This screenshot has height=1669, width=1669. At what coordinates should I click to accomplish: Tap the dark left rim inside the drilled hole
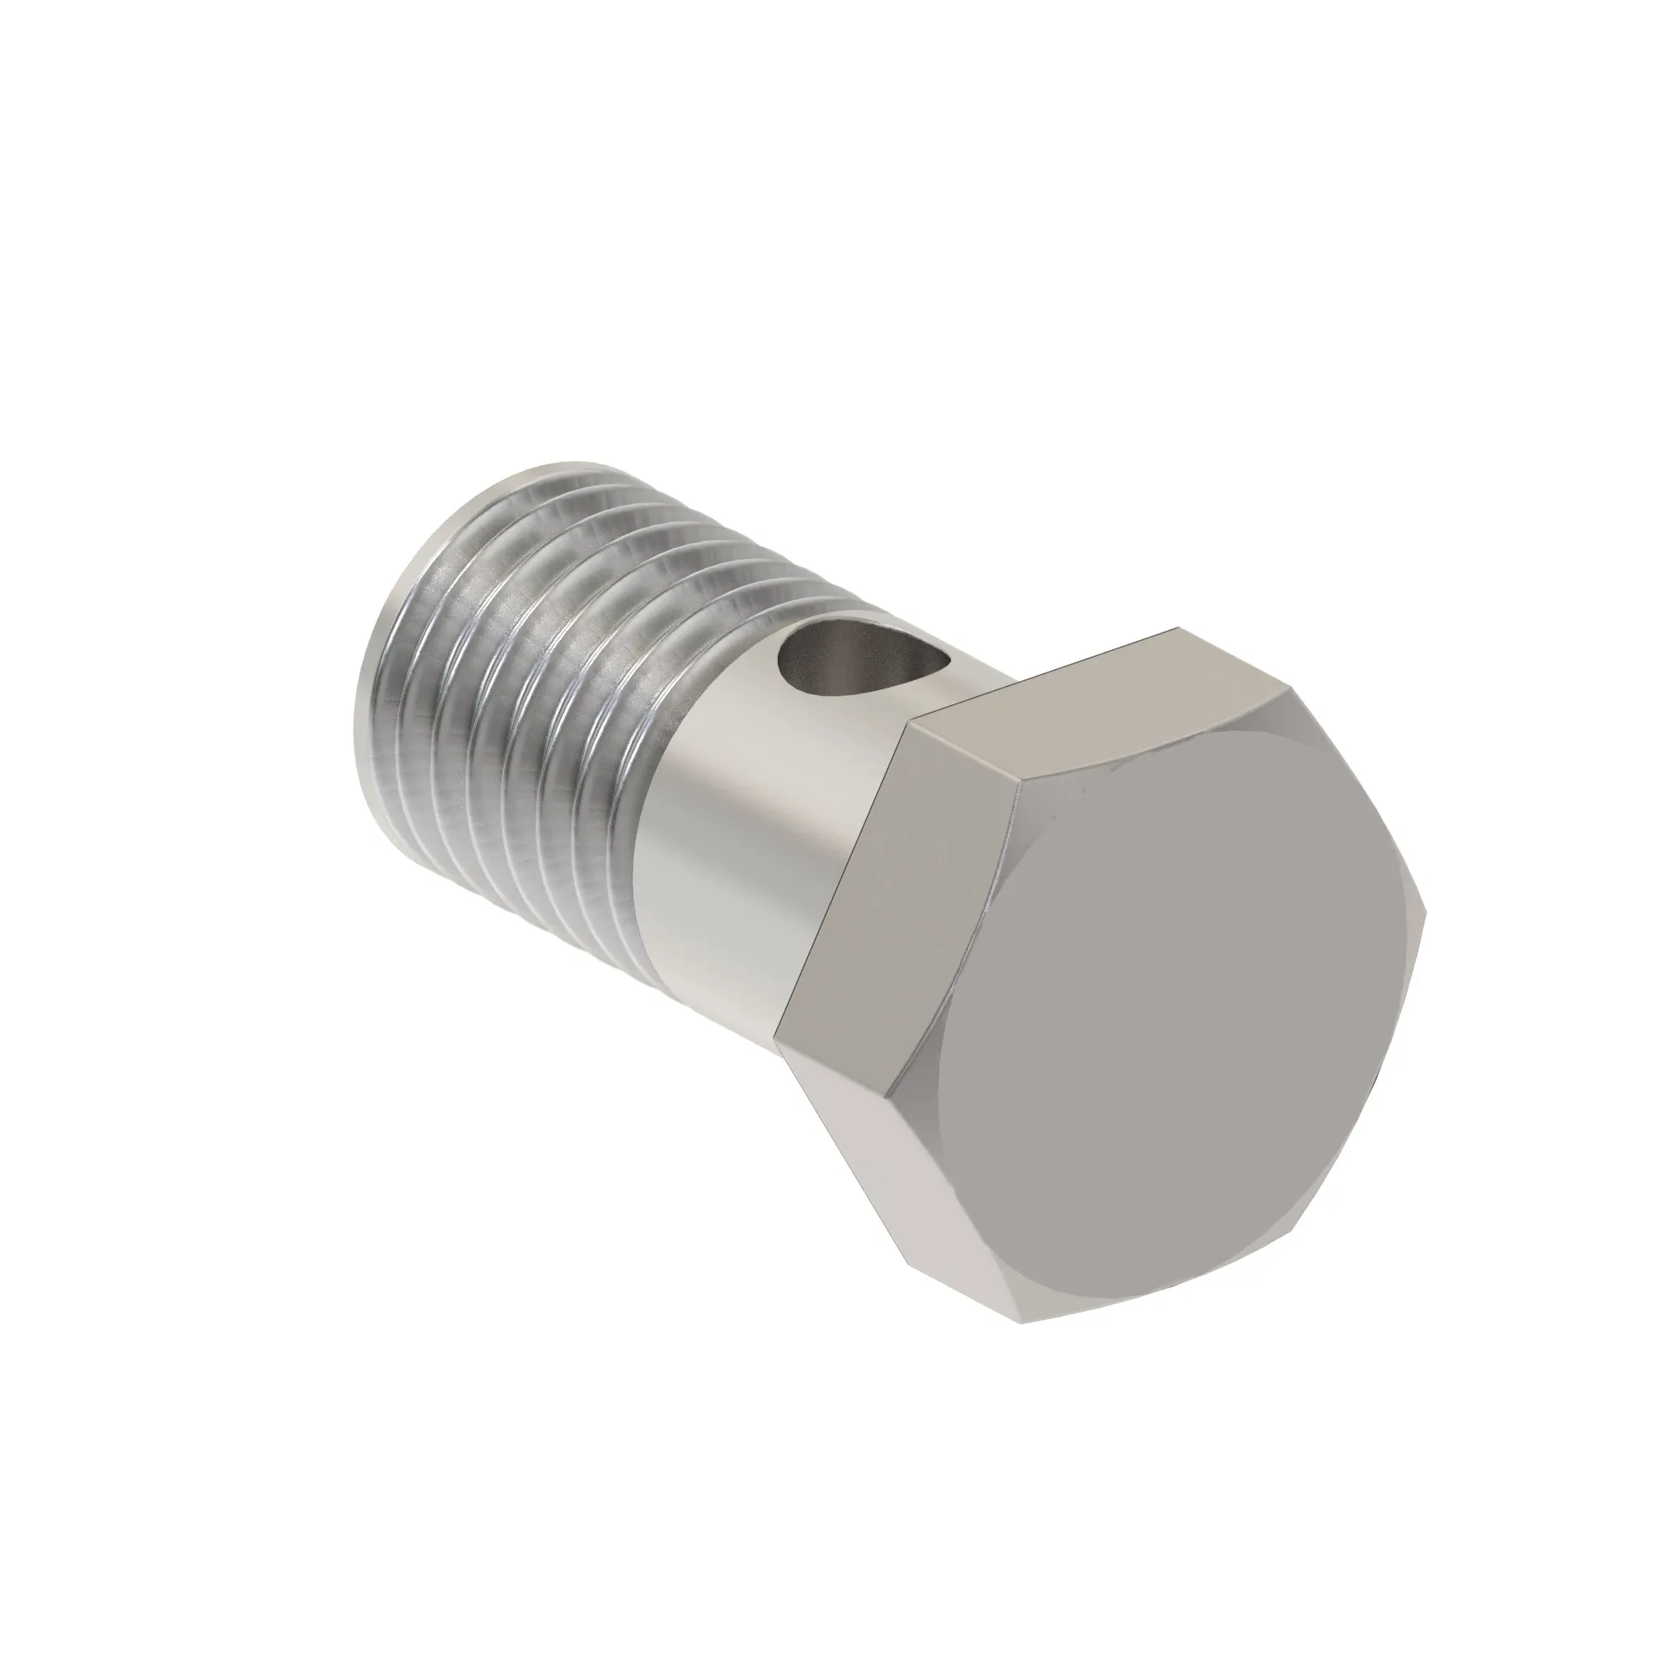point(788,665)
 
